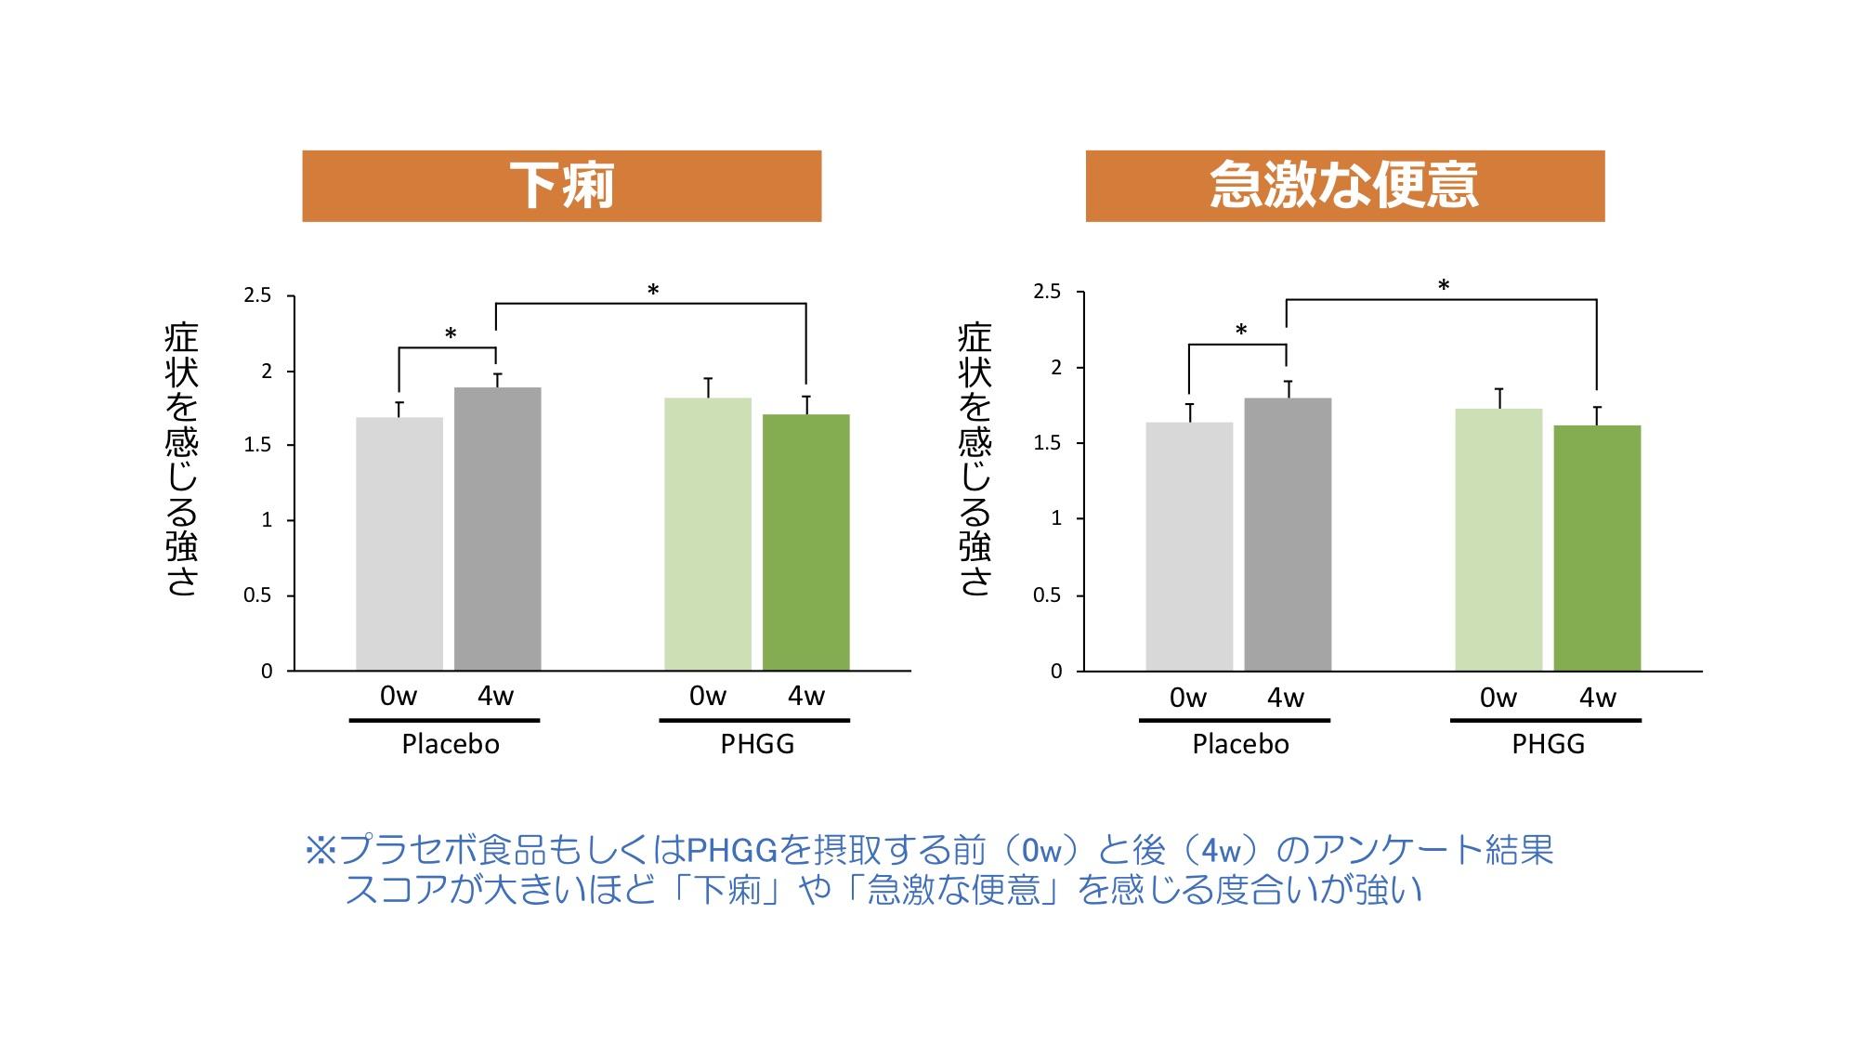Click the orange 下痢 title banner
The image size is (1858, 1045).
(561, 186)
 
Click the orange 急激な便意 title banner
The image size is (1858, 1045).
(1344, 186)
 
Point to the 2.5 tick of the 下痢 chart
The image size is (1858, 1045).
(257, 296)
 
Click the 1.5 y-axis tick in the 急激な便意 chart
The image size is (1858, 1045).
(1047, 444)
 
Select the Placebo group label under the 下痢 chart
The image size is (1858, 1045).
(451, 744)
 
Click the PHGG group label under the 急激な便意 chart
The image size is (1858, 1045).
(1548, 744)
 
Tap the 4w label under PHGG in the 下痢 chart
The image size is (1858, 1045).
(805, 696)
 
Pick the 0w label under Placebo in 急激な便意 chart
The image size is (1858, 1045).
(1188, 698)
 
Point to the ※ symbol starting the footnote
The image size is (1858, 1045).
(320, 850)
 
